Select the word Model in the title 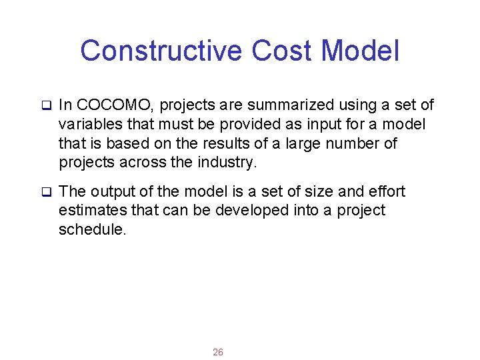[361, 51]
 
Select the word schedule [92, 230]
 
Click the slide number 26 [218, 352]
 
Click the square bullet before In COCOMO [47, 106]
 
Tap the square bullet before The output [47, 193]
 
